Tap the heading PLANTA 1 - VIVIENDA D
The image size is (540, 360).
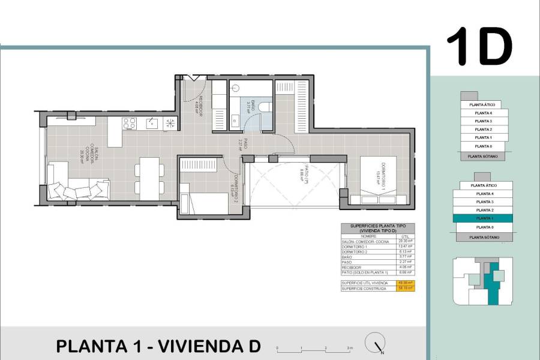point(158,346)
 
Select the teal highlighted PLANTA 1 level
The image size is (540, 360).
point(484,218)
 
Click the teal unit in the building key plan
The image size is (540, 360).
point(494,282)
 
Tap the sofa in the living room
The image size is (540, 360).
point(77,182)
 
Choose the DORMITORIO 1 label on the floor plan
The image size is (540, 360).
point(380,174)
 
